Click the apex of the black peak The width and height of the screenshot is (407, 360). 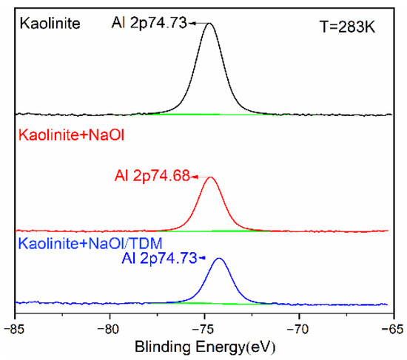click(210, 24)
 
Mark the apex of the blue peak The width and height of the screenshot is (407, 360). click(219, 258)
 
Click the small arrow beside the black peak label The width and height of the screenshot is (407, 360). click(195, 24)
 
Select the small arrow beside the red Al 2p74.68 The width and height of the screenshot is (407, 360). click(195, 177)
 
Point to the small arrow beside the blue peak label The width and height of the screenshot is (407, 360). click(207, 257)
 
